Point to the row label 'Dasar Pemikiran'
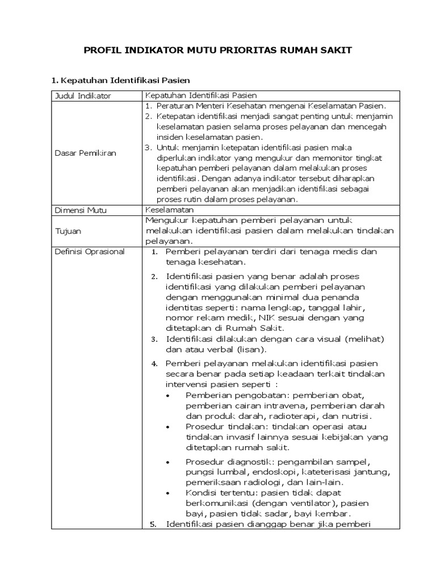click(85, 153)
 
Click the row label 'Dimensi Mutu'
click(81, 210)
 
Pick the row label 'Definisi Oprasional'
click(89, 251)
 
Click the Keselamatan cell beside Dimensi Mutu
click(166, 210)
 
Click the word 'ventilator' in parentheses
click(314, 503)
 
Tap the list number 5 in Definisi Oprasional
click(153, 525)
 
